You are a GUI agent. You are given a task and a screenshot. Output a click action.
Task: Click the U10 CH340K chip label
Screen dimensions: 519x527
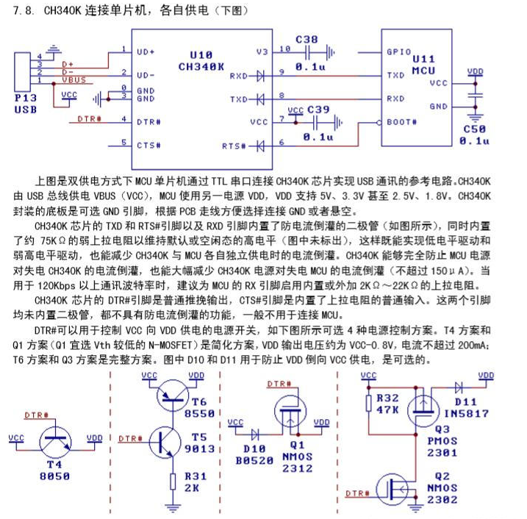pyautogui.click(x=201, y=60)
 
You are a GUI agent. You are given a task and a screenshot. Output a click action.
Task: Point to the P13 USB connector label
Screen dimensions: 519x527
pyautogui.click(x=26, y=102)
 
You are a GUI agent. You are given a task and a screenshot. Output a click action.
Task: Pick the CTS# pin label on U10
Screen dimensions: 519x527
pyautogui.click(x=148, y=144)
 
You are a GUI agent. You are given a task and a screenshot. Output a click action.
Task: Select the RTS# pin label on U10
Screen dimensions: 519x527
pyautogui.click(x=234, y=145)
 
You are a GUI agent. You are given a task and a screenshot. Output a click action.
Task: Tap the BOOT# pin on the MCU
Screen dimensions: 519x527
pyautogui.click(x=401, y=121)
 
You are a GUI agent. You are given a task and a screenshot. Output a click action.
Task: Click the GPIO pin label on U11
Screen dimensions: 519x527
pyautogui.click(x=400, y=51)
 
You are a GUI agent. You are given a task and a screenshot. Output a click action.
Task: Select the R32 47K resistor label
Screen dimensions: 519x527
pyautogui.click(x=387, y=404)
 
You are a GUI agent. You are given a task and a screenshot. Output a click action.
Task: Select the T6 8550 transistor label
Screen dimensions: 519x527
pyautogui.click(x=200, y=407)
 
